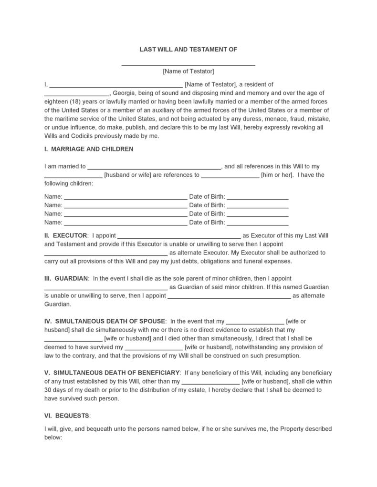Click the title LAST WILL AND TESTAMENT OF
pos(188,49)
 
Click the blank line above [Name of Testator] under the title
pos(188,64)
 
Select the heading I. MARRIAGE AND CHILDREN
pos(89,149)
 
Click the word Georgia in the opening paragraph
pos(125,93)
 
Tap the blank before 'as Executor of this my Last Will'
pos(179,237)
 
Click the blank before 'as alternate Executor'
pos(105,254)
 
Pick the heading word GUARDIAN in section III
pos(71,278)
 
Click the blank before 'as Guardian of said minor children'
pos(105,288)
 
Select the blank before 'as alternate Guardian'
pos(229,297)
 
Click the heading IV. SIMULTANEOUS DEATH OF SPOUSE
pos(105,321)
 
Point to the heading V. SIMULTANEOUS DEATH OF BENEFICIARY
pos(112,372)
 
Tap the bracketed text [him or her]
pos(276,175)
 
